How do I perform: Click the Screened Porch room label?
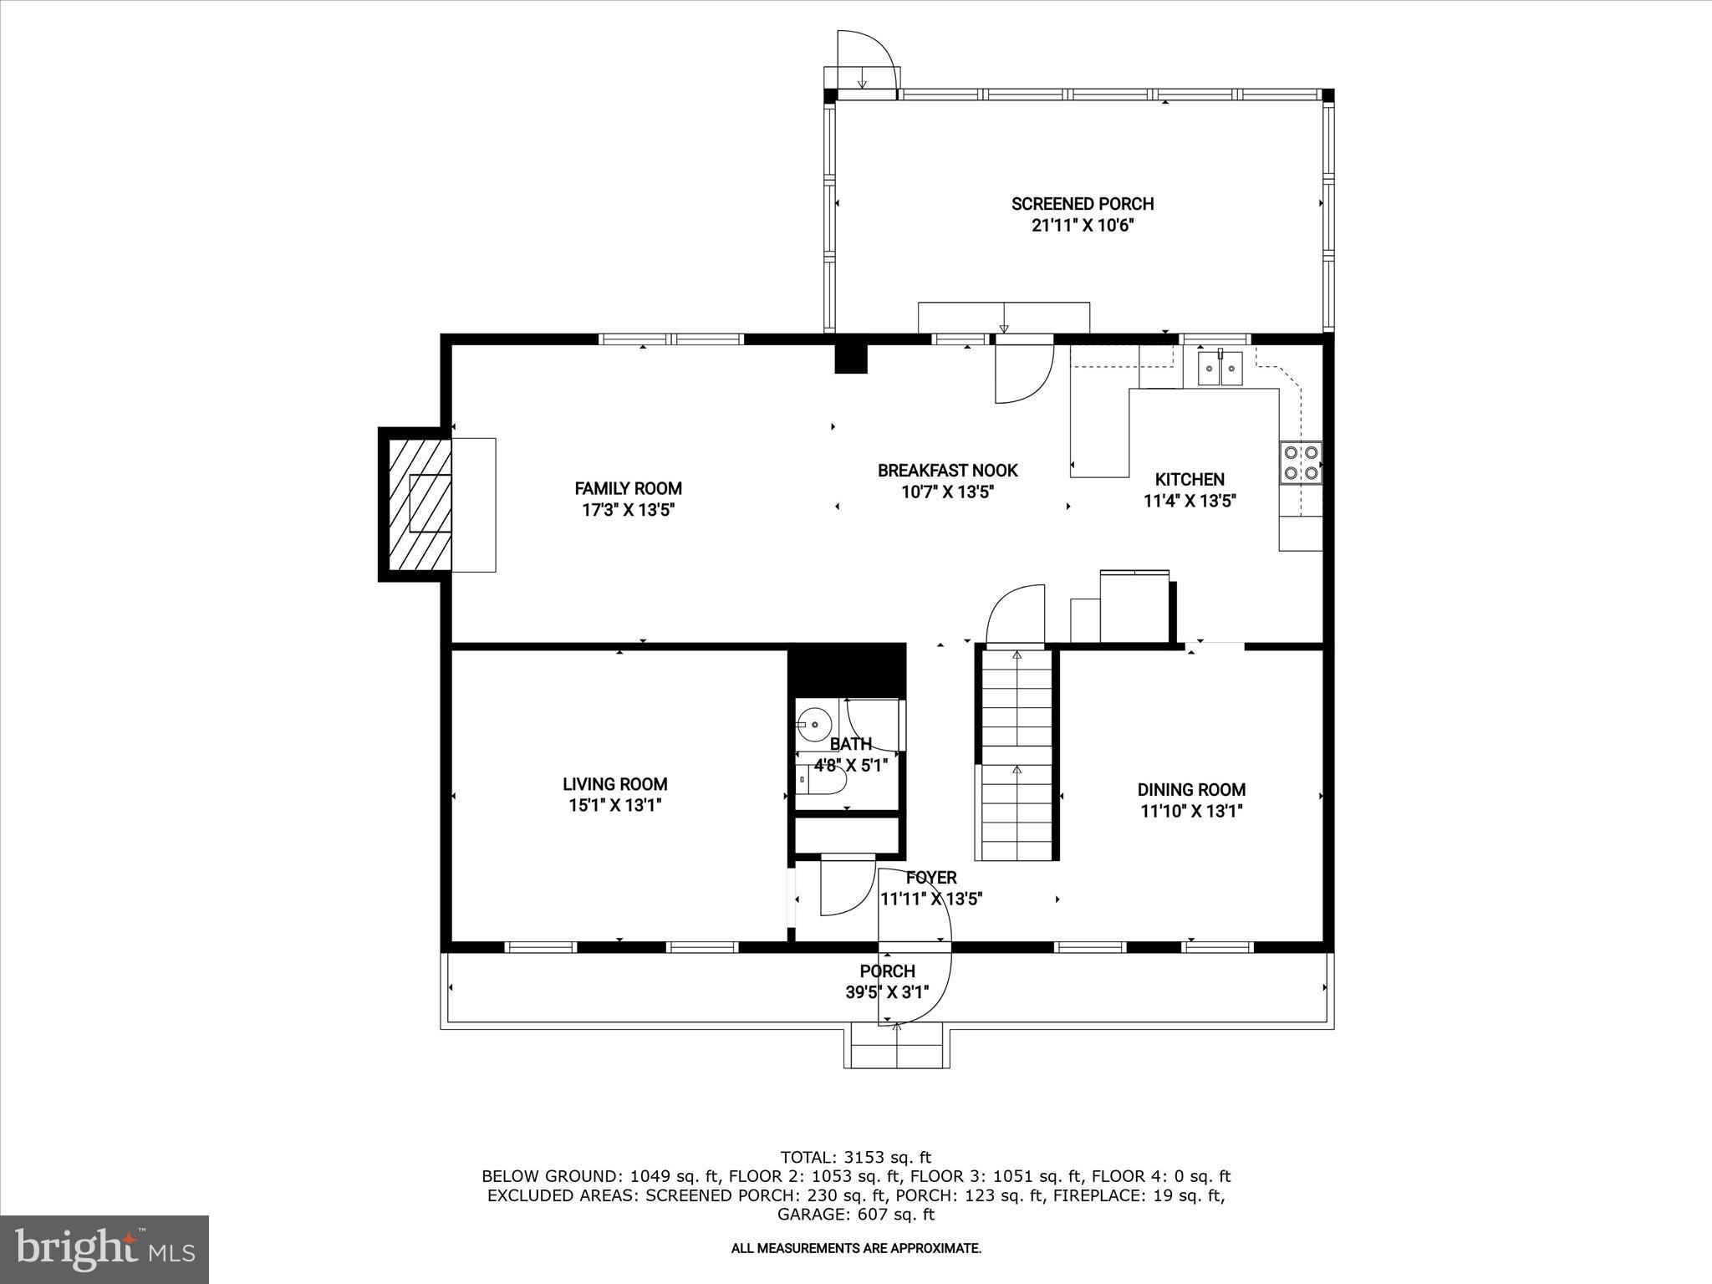tap(1082, 204)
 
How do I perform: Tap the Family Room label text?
tap(628, 488)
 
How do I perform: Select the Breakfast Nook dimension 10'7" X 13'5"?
tap(947, 493)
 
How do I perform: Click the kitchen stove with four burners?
tap(1301, 463)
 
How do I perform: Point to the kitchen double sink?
tap(1220, 368)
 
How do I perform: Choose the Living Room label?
tap(614, 784)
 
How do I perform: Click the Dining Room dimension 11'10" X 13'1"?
tap(1191, 811)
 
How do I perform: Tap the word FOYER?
tap(930, 878)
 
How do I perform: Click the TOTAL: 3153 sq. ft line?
tap(855, 1158)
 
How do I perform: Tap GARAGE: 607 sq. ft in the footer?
tap(855, 1215)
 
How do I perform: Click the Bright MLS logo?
tap(104, 1250)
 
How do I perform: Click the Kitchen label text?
tap(1189, 480)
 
